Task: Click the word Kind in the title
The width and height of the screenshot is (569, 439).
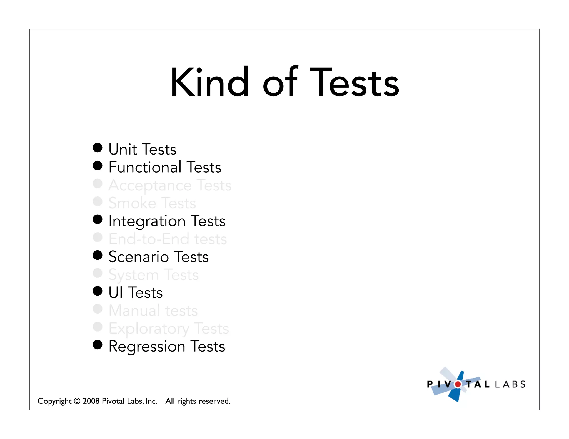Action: (x=210, y=82)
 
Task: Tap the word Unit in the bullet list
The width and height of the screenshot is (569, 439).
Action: (x=123, y=149)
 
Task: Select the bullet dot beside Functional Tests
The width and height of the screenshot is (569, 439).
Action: (x=98, y=166)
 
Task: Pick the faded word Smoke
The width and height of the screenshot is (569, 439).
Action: (x=132, y=203)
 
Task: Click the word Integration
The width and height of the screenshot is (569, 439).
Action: (x=147, y=221)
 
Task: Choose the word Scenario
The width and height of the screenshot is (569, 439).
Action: (x=139, y=257)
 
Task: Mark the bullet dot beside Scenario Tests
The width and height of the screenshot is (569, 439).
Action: (x=98, y=255)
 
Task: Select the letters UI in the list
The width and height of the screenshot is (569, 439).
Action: (x=116, y=293)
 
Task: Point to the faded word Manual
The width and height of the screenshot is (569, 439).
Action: (x=134, y=311)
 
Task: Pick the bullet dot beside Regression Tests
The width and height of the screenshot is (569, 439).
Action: (x=98, y=345)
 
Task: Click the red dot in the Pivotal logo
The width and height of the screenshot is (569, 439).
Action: (x=458, y=384)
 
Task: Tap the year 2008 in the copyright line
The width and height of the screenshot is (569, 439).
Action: (x=91, y=401)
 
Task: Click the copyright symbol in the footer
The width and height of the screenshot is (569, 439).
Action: (x=77, y=401)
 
